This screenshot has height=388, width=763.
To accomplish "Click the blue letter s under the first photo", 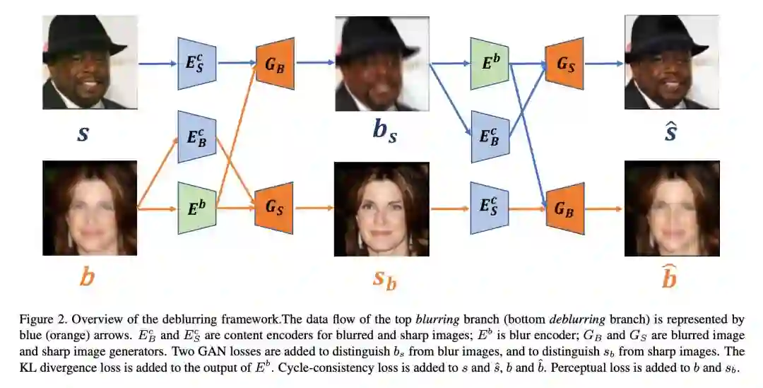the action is (83, 134).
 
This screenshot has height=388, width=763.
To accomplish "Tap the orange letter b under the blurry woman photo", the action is (87, 277).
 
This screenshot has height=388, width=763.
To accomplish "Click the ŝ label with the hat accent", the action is (670, 131).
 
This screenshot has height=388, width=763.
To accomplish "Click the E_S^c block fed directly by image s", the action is (196, 63).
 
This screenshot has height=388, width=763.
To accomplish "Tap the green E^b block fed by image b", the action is (196, 208).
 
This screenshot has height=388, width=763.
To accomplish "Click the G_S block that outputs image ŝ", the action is (564, 63).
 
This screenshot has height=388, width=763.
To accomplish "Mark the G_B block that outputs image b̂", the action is (564, 208).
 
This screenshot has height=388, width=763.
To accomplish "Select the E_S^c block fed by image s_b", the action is (490, 208).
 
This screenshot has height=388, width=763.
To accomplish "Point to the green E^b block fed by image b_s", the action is (490, 63).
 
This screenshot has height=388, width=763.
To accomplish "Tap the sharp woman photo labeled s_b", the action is (381, 208).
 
